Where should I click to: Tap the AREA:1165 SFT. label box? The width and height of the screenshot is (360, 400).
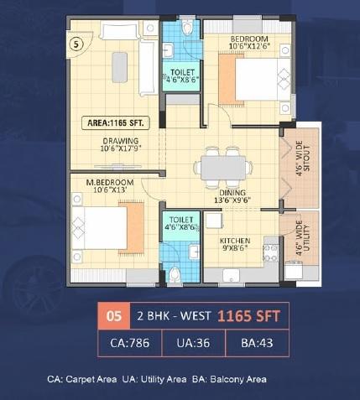(117, 122)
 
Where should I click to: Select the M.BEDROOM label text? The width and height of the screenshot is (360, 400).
(96, 182)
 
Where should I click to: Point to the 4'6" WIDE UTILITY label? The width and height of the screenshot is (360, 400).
(300, 238)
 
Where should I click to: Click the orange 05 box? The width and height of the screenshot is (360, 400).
(111, 317)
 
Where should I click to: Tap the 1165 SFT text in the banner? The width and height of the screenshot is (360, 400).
(248, 317)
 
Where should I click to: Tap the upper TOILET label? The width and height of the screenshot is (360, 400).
(182, 73)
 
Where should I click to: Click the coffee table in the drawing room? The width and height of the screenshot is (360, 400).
(119, 66)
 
